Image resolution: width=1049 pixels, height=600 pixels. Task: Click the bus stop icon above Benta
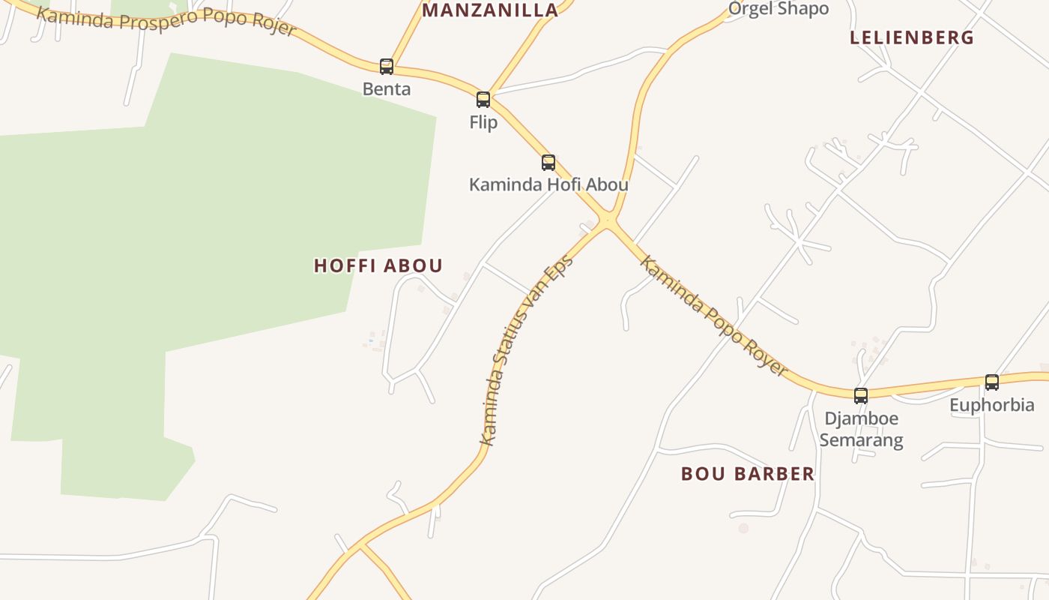pyautogui.click(x=387, y=67)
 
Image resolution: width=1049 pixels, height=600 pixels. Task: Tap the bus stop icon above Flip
pyautogui.click(x=483, y=100)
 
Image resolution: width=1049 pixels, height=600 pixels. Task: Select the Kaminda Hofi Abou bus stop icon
pyautogui.click(x=548, y=163)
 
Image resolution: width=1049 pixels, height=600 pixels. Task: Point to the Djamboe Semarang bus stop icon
pyautogui.click(x=861, y=395)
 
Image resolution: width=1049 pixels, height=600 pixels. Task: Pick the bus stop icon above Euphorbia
pyautogui.click(x=992, y=382)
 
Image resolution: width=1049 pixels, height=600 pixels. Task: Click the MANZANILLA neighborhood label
pyautogui.click(x=490, y=10)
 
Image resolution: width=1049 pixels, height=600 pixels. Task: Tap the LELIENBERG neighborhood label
pyautogui.click(x=912, y=37)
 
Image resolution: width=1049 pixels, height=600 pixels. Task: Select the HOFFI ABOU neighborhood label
pyautogui.click(x=378, y=265)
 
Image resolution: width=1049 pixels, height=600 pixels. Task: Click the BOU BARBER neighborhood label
pyautogui.click(x=747, y=474)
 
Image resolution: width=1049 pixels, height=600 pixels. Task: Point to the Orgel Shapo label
pyautogui.click(x=779, y=9)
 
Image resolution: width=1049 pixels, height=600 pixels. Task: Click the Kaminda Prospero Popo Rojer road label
pyautogui.click(x=166, y=20)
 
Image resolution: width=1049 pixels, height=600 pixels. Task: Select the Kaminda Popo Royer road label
pyautogui.click(x=713, y=316)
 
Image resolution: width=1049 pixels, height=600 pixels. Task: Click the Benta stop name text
pyautogui.click(x=387, y=89)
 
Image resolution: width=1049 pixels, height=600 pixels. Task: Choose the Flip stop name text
pyautogui.click(x=483, y=122)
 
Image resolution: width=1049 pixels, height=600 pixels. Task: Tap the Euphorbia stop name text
pyautogui.click(x=992, y=406)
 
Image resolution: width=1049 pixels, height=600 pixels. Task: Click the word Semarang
pyautogui.click(x=861, y=440)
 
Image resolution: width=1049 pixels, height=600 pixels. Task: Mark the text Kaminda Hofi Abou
pyautogui.click(x=548, y=184)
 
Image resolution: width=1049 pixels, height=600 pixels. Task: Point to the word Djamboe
pyautogui.click(x=861, y=418)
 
